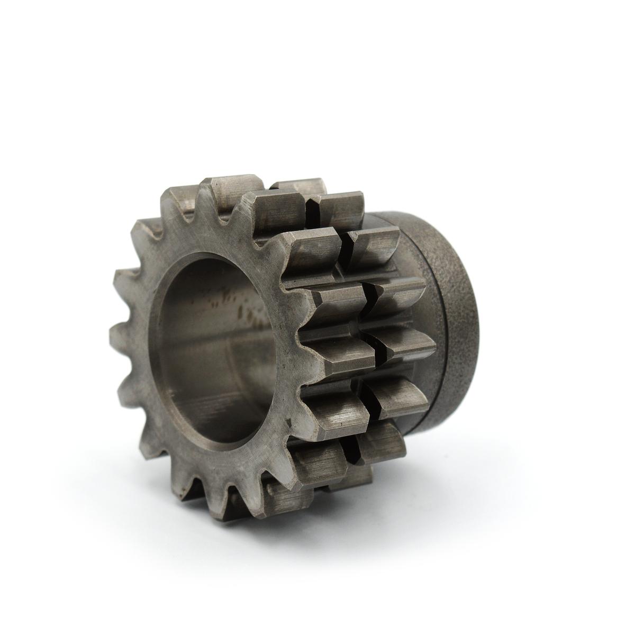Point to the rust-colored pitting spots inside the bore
pos(249,312)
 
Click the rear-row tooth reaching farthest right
pos(410,344)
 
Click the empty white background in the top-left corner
pos(42,42)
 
